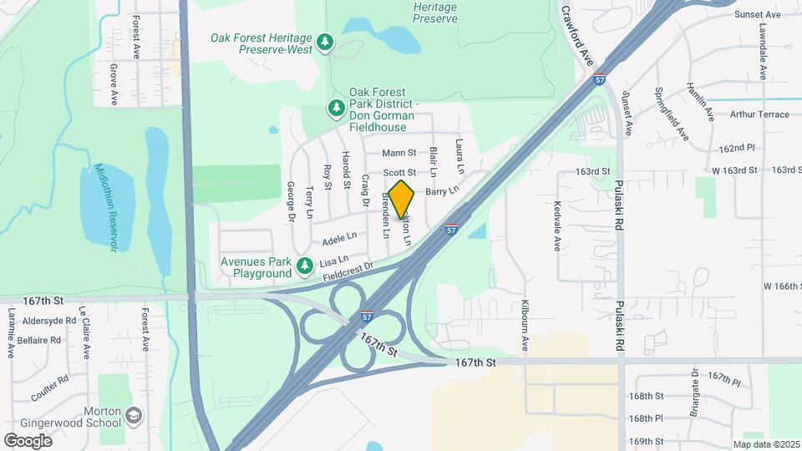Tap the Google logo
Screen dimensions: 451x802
click(x=28, y=440)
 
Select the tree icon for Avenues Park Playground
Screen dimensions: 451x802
click(x=306, y=266)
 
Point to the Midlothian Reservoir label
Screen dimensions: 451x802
click(x=104, y=206)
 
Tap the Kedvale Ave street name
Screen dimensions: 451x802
click(x=556, y=225)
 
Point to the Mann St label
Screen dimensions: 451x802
click(x=398, y=153)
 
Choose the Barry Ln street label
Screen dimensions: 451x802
click(x=443, y=191)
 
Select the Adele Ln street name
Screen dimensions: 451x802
click(x=339, y=239)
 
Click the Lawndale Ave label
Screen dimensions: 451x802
click(x=763, y=53)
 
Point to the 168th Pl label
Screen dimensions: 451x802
click(x=646, y=418)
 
